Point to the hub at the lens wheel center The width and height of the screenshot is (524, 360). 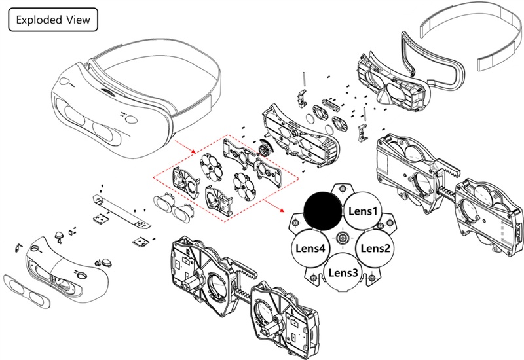pyautogui.click(x=341, y=236)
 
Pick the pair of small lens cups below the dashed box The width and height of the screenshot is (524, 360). pyautogui.click(x=172, y=207)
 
